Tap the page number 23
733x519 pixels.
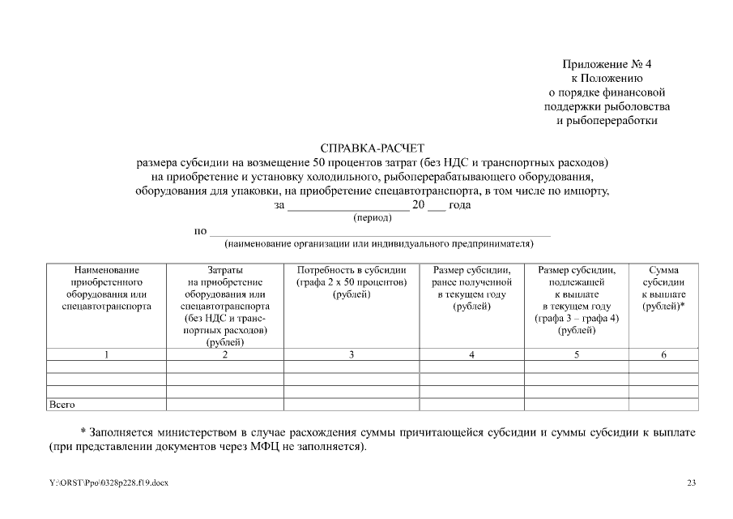[x=691, y=483]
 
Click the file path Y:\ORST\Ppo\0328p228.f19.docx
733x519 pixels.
[x=109, y=483]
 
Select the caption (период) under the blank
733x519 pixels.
[x=373, y=217]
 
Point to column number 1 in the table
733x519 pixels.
[x=106, y=354]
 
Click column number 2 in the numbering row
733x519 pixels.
[x=225, y=354]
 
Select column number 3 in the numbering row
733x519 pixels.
[x=351, y=354]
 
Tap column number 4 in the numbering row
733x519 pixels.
[x=471, y=354]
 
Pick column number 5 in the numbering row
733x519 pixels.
[x=577, y=354]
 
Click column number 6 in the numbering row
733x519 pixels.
[x=663, y=354]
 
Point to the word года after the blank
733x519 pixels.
[x=460, y=205]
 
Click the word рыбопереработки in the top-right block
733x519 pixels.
[x=607, y=121]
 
